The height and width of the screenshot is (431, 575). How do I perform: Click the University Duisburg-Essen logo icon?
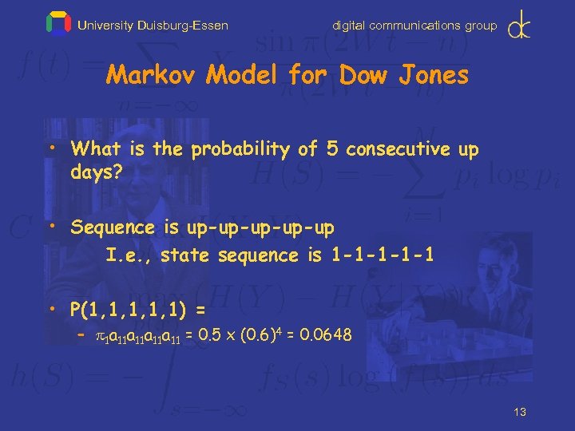pos(58,24)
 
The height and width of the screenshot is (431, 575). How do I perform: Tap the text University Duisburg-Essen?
pos(153,26)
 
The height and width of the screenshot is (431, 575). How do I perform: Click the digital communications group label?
pos(414,26)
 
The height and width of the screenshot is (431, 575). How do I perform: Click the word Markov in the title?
pos(152,76)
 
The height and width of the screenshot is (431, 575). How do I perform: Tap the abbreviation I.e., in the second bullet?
pos(129,255)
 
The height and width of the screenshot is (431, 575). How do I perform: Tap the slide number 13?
pos(520,412)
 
